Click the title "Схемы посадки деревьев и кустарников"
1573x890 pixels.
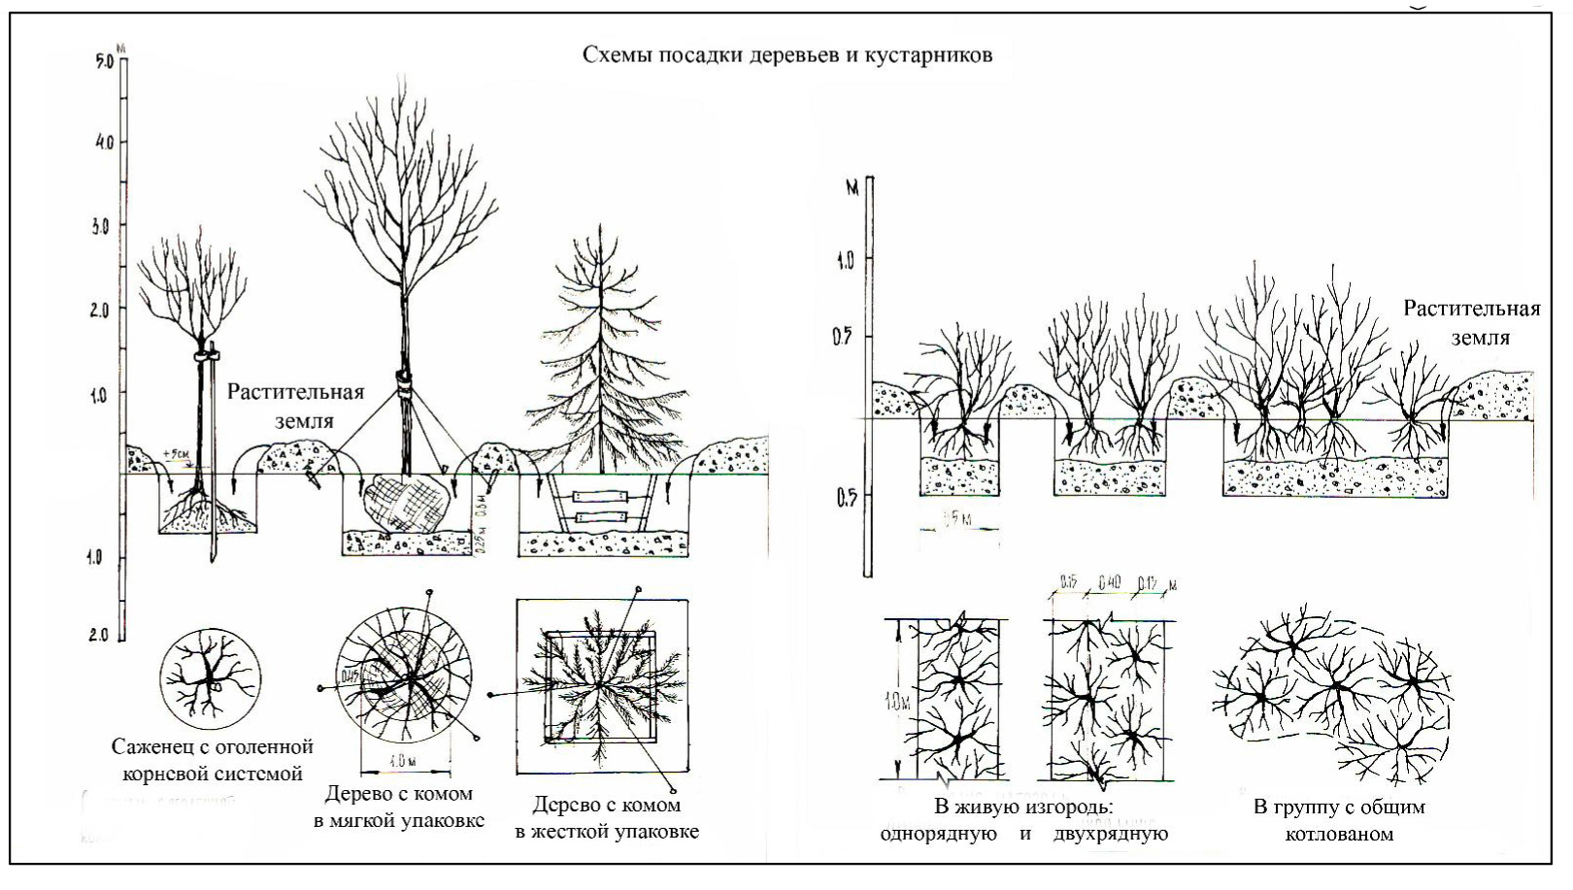(x=786, y=54)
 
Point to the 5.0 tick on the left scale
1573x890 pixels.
(x=105, y=61)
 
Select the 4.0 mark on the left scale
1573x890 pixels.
(x=104, y=143)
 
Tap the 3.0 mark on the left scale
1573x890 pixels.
(x=104, y=225)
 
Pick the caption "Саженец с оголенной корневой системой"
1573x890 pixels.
(x=213, y=760)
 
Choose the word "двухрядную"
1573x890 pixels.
(x=1111, y=833)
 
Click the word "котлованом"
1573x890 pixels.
(x=1339, y=833)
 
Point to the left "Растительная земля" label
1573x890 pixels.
(x=295, y=407)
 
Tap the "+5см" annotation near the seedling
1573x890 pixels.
(x=177, y=452)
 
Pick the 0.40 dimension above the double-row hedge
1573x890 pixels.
(x=1109, y=584)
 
